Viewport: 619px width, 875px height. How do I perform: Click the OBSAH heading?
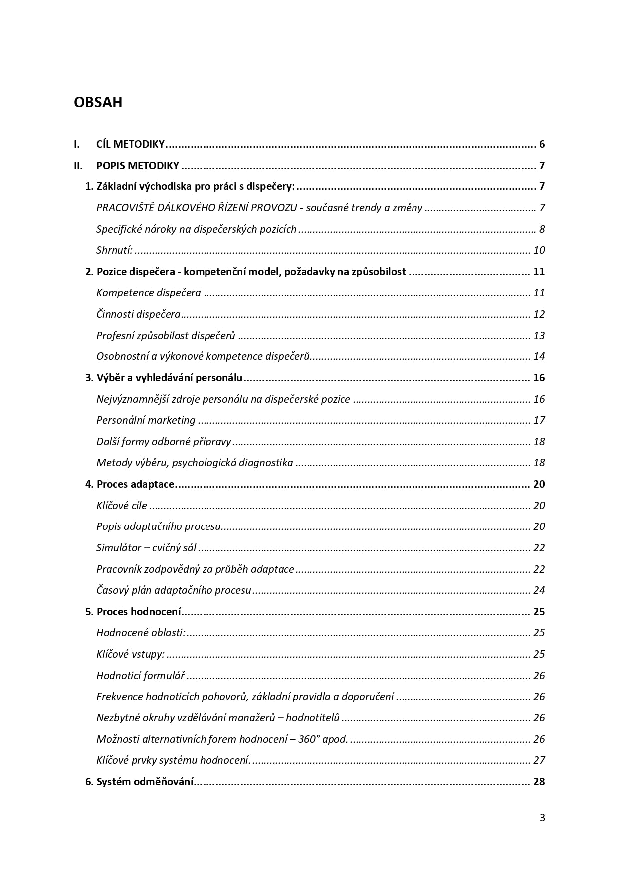98,102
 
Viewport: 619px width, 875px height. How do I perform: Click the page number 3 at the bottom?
542,818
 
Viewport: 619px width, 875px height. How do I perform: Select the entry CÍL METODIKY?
130,145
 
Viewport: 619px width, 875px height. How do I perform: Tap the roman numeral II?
78,166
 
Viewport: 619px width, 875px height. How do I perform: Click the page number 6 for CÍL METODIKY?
542,145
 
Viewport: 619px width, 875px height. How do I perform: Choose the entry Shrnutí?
115,250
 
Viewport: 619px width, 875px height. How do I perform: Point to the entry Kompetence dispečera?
149,293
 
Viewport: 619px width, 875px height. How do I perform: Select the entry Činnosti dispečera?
138,314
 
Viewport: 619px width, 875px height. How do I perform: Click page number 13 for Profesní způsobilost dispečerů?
539,336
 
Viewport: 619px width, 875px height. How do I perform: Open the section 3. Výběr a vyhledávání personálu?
164,378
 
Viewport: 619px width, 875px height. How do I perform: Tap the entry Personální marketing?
146,420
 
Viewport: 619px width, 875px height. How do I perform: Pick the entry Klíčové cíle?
122,506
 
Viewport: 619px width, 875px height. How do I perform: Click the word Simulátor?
119,548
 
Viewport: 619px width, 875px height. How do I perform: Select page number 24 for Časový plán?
539,590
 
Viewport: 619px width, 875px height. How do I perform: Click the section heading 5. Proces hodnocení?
133,612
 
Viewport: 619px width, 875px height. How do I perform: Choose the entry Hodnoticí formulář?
141,676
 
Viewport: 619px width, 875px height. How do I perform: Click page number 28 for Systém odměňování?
539,782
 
